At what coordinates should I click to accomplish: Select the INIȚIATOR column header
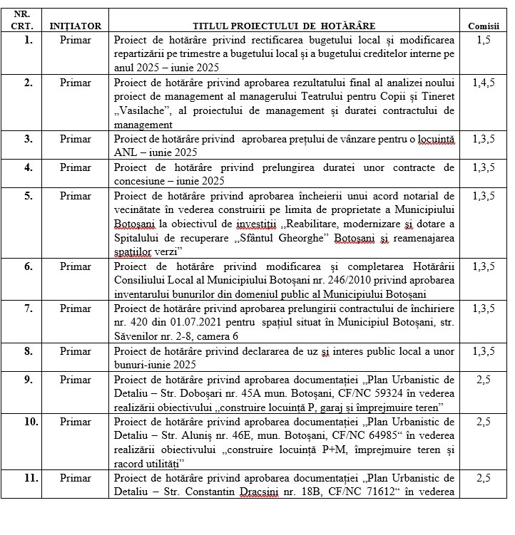[76, 26]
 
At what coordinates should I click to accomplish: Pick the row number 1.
[28, 41]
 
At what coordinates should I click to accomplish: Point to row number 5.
[28, 196]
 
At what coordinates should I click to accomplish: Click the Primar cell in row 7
[76, 308]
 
